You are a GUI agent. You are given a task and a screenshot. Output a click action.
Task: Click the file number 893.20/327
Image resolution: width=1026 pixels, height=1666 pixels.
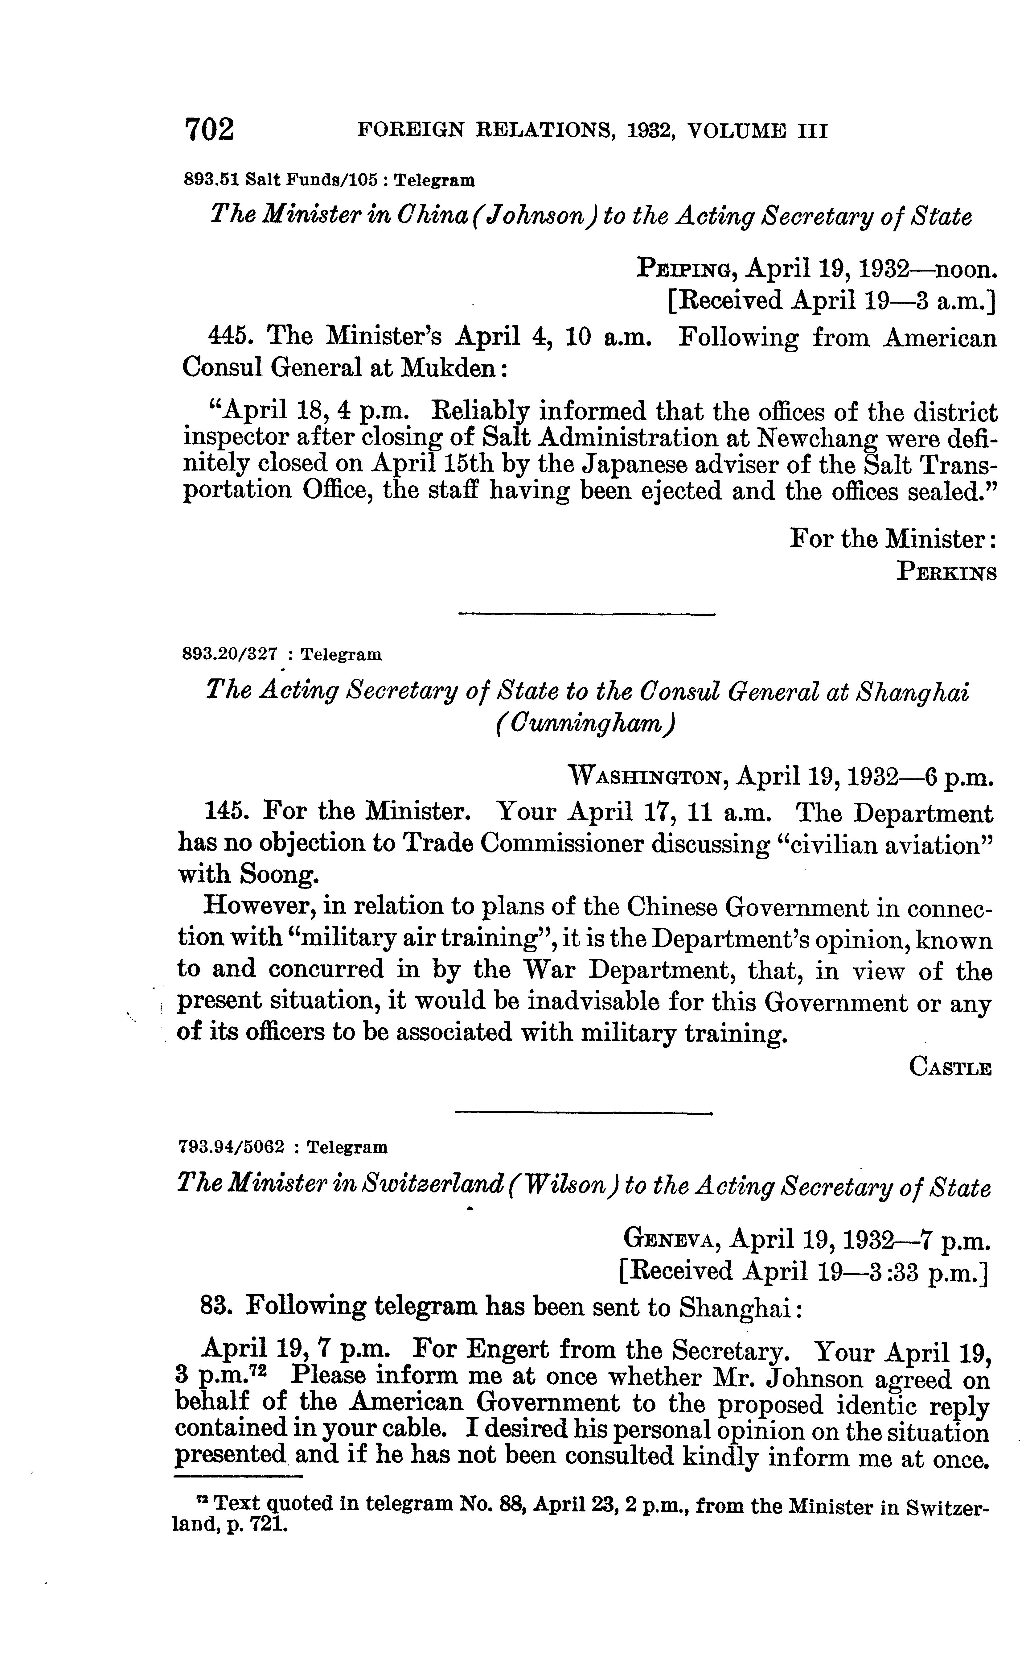pos(231,654)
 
